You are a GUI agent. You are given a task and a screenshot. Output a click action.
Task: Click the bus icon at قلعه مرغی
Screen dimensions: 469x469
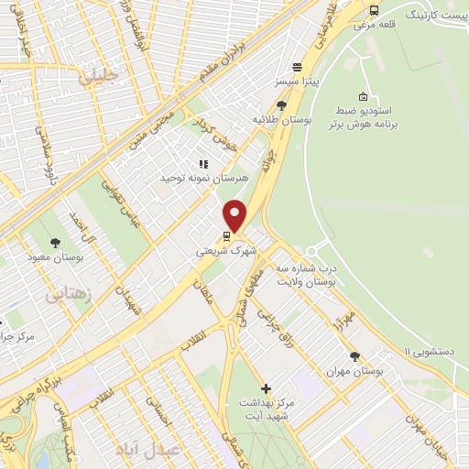tap(374, 11)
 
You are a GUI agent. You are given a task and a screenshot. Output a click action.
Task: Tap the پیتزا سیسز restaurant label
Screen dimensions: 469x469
tap(297, 82)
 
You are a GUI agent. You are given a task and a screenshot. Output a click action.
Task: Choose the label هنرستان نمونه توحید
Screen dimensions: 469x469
tap(202, 177)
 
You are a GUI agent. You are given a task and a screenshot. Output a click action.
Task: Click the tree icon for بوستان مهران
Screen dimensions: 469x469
tap(354, 357)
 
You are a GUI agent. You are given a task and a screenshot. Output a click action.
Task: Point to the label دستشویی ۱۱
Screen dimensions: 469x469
tap(431, 350)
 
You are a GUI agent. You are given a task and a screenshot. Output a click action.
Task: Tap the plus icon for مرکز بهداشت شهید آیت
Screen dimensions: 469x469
tap(266, 388)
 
